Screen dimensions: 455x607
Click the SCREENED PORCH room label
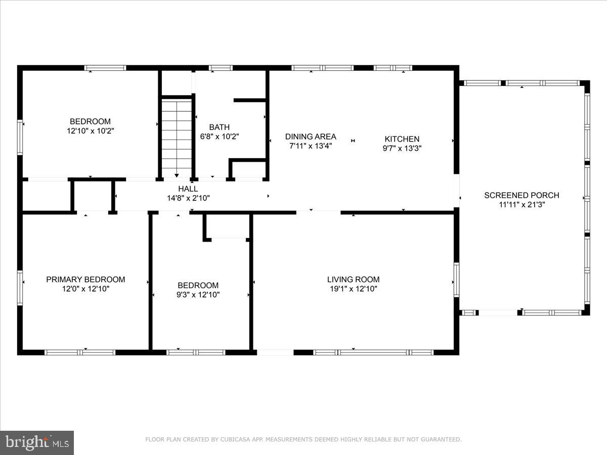tap(522, 195)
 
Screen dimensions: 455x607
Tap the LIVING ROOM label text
tap(353, 280)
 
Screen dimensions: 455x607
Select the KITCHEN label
tap(402, 139)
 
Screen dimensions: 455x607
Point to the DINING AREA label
tap(311, 136)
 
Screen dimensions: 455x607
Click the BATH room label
tap(219, 127)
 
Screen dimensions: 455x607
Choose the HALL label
tap(188, 189)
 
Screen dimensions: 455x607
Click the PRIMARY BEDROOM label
tap(85, 280)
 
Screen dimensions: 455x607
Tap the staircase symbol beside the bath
tap(177, 136)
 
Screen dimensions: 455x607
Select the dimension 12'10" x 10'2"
tap(90, 131)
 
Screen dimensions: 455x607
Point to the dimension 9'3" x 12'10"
tap(198, 295)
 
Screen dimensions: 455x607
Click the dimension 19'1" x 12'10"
tap(353, 289)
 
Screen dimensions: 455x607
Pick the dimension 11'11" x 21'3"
tap(522, 205)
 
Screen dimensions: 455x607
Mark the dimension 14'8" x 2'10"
tap(188, 198)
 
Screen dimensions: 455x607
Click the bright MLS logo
tap(37, 443)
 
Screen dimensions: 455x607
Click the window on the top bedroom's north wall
tap(105, 68)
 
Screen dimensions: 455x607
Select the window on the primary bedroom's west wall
tap(20, 288)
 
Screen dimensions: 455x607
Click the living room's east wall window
tap(456, 280)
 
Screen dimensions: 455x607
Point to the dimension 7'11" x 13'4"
tap(311, 146)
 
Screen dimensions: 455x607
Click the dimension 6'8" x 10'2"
tap(219, 136)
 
